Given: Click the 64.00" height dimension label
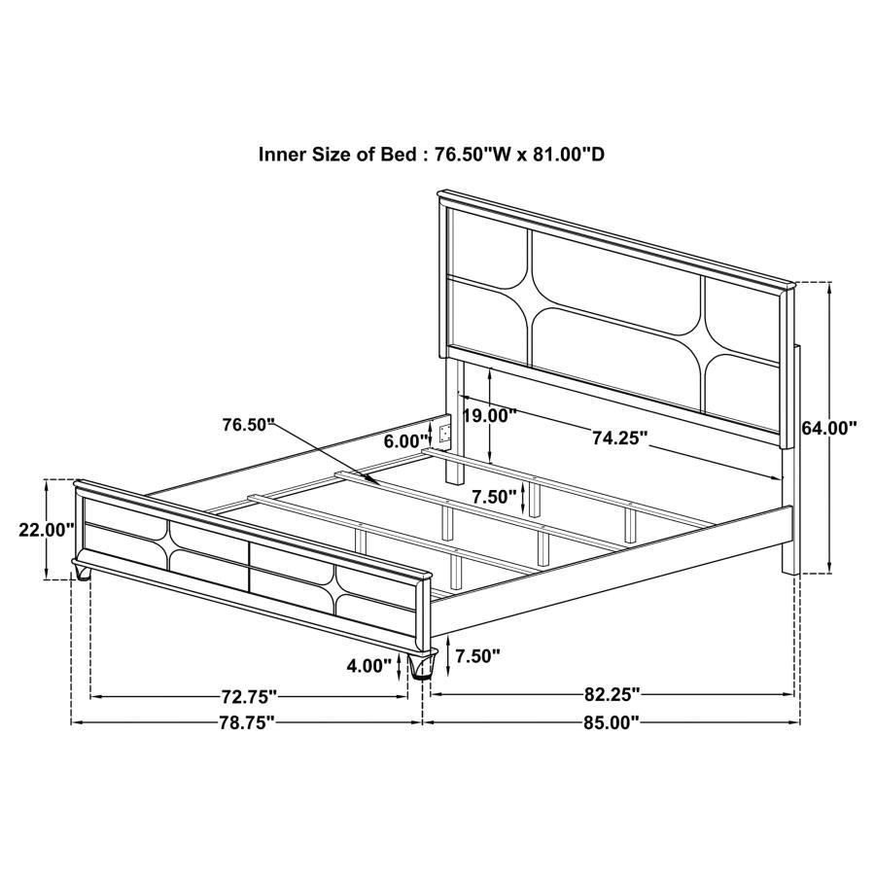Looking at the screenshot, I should tap(829, 427).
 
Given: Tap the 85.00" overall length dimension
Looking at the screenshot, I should tap(611, 722).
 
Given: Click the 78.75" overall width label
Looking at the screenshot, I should tap(247, 722).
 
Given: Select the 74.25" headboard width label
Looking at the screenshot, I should tap(619, 438).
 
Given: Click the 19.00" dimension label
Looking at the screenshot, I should tap(515, 415).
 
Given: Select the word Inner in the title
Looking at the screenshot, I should tap(282, 154).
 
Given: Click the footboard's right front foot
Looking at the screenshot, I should tap(422, 666).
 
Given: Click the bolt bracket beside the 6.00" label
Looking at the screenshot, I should tap(445, 433).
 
